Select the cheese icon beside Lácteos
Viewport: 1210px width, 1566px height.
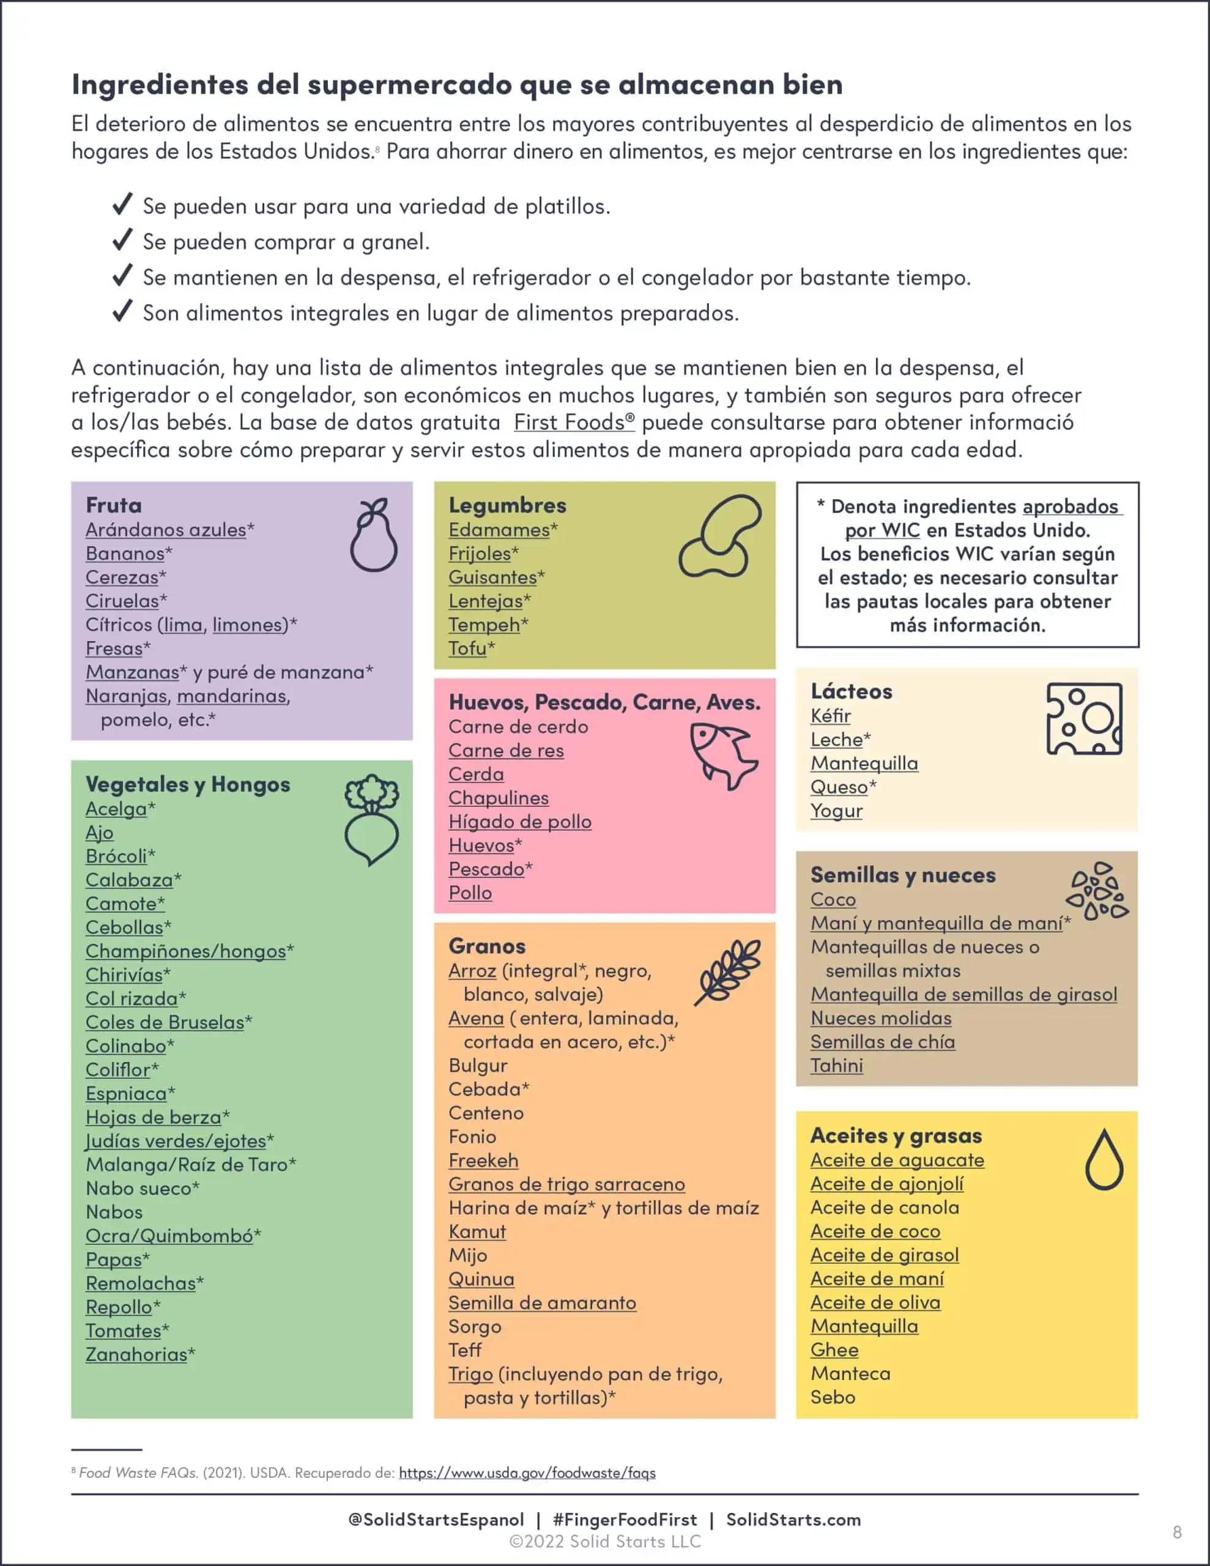pyautogui.click(x=1084, y=719)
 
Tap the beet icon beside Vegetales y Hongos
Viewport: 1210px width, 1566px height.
pyautogui.click(x=371, y=819)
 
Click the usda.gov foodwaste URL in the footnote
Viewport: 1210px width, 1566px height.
pyautogui.click(x=527, y=1473)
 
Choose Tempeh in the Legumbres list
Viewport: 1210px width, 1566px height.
pyautogui.click(x=484, y=625)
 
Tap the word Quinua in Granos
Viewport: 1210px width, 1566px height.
pyautogui.click(x=481, y=1278)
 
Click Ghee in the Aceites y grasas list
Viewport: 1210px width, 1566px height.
pyautogui.click(x=834, y=1349)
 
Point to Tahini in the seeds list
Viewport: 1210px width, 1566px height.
pyautogui.click(x=836, y=1066)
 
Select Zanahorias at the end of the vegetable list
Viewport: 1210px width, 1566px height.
pyautogui.click(x=136, y=1354)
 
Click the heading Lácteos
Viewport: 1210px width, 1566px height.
pyautogui.click(x=852, y=691)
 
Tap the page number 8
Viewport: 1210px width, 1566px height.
pyautogui.click(x=1177, y=1532)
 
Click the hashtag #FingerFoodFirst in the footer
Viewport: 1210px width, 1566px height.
pyautogui.click(x=625, y=1520)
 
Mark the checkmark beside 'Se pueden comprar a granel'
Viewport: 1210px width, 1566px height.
pyautogui.click(x=122, y=240)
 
